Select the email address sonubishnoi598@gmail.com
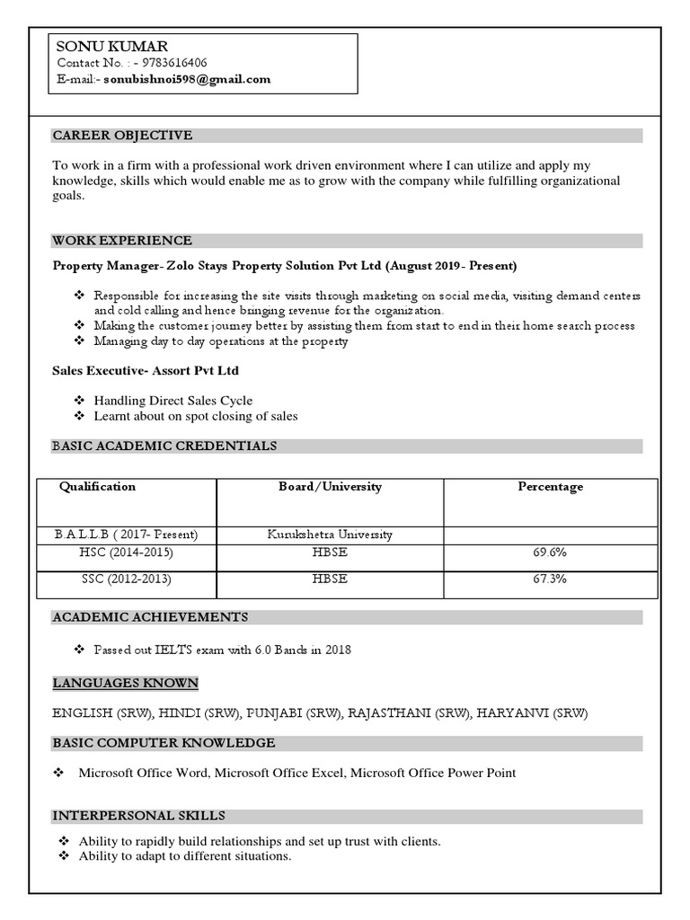(x=187, y=79)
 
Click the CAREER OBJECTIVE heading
(x=122, y=136)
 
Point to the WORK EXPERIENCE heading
(x=122, y=241)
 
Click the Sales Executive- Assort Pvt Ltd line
(x=146, y=370)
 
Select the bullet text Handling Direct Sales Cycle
(x=172, y=401)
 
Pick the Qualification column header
(x=97, y=487)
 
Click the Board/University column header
(x=330, y=487)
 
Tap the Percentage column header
(x=550, y=487)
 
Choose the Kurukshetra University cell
(x=330, y=535)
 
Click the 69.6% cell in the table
(x=550, y=553)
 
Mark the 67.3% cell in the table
(x=550, y=579)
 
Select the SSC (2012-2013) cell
(x=126, y=579)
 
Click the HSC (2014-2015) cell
(x=126, y=553)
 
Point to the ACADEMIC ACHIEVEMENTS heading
(x=150, y=617)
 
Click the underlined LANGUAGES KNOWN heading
(x=125, y=684)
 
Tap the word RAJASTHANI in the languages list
(x=390, y=713)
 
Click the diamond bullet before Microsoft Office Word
(x=58, y=773)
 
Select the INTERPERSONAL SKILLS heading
(x=138, y=816)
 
